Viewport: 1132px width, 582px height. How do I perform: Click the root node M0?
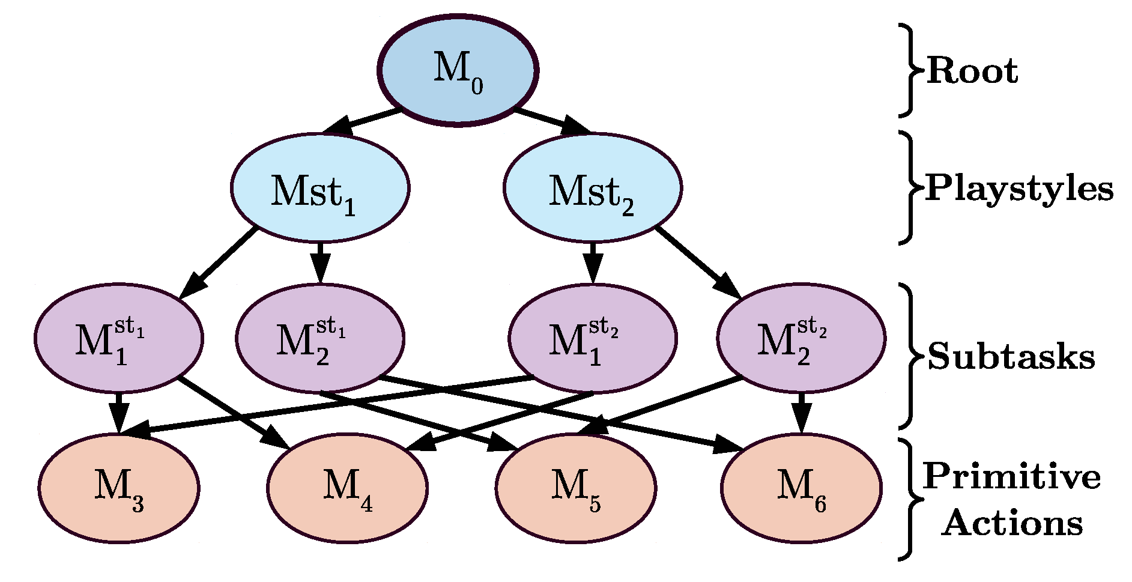click(458, 71)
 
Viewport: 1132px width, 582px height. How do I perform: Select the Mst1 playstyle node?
click(320, 188)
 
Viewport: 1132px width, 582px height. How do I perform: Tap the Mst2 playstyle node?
click(593, 188)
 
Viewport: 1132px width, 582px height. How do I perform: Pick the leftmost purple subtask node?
click(118, 338)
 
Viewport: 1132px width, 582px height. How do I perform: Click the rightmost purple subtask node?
click(801, 338)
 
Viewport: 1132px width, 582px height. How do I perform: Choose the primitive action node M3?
click(119, 488)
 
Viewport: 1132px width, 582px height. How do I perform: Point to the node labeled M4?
click(347, 488)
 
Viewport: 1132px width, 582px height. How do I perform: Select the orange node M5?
click(575, 488)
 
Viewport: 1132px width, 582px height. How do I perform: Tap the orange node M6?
click(801, 488)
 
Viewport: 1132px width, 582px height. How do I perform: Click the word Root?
click(972, 71)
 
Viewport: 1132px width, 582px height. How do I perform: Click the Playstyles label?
click(1019, 188)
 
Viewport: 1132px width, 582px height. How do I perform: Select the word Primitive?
click(1011, 476)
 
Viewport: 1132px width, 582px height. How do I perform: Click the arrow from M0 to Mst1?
click(362, 121)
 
